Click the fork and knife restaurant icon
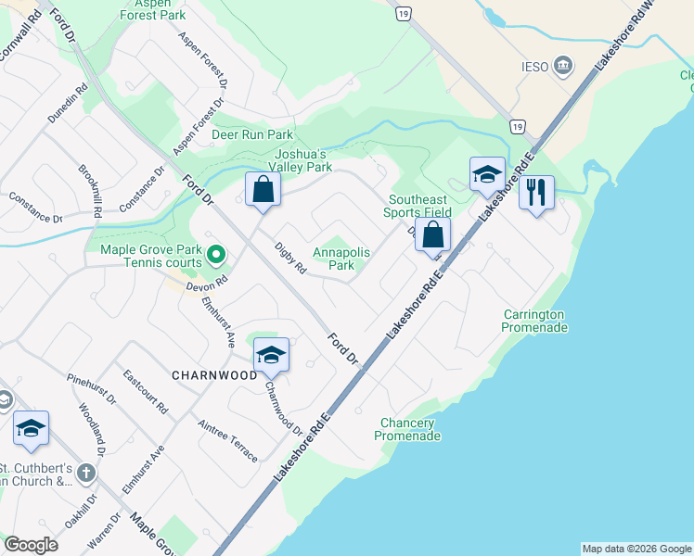coord(536,193)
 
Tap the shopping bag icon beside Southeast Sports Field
coord(432,234)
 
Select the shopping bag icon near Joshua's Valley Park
coord(263,190)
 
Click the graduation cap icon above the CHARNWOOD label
coord(271,355)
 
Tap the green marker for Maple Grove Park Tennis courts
coord(216,253)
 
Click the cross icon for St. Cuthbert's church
coord(85,474)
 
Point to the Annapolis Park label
coord(341,259)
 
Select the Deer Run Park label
coord(252,134)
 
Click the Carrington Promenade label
coord(534,321)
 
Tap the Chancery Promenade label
coord(406,429)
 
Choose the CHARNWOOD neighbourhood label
coord(214,375)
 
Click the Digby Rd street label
coord(290,259)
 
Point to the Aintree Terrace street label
coord(227,439)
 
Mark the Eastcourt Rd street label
coord(145,391)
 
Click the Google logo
coord(31,545)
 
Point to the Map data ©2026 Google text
coord(636,549)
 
